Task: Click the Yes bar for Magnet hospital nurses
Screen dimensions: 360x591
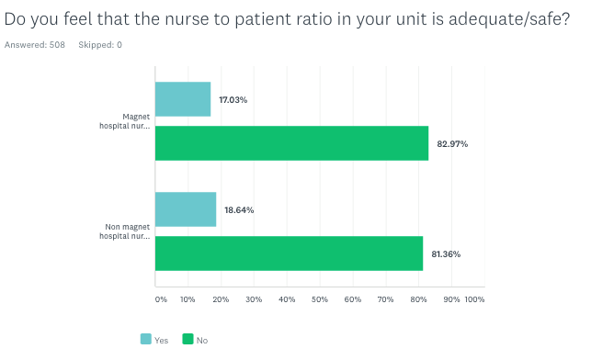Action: click(183, 99)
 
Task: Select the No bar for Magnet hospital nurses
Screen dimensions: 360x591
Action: click(291, 143)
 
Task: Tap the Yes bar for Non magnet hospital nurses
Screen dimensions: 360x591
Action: click(186, 209)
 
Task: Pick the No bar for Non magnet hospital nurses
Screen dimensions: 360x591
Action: click(289, 253)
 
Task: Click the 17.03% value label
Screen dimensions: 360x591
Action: click(233, 99)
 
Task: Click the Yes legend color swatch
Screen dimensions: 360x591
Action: click(145, 339)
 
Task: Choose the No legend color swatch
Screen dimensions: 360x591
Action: click(188, 339)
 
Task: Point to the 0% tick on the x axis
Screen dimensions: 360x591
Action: click(161, 299)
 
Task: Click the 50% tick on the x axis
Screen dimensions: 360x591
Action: click(320, 299)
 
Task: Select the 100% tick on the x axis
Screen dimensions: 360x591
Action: click(474, 299)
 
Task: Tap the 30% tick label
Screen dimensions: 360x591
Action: click(254, 299)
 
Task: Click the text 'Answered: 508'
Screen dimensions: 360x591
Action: click(36, 45)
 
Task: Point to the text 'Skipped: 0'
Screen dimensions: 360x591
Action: click(100, 45)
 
